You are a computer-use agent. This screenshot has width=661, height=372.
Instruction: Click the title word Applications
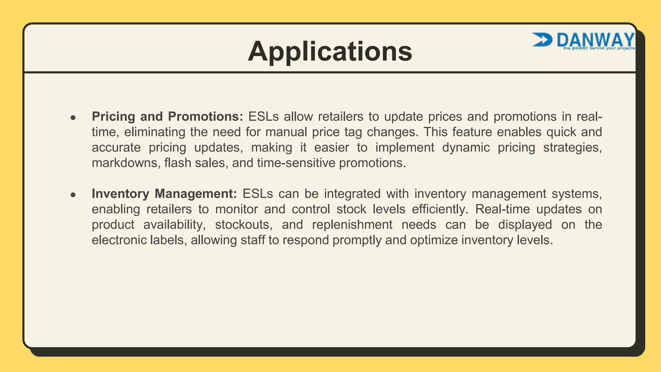[x=330, y=51]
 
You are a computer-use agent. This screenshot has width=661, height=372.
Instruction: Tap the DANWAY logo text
[x=595, y=40]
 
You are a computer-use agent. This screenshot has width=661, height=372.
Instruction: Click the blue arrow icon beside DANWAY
[x=542, y=40]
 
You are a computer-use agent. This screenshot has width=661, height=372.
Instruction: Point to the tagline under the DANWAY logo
[x=599, y=48]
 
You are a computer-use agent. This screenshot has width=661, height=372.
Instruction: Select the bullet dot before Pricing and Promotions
[x=73, y=118]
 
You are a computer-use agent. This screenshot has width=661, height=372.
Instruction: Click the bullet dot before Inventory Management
[x=73, y=195]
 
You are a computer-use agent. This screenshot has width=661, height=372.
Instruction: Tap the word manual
[x=286, y=132]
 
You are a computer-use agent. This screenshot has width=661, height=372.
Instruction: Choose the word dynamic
[x=466, y=148]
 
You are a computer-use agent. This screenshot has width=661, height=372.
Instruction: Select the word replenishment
[x=352, y=225]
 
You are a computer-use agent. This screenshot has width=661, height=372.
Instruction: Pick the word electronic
[x=119, y=240]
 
